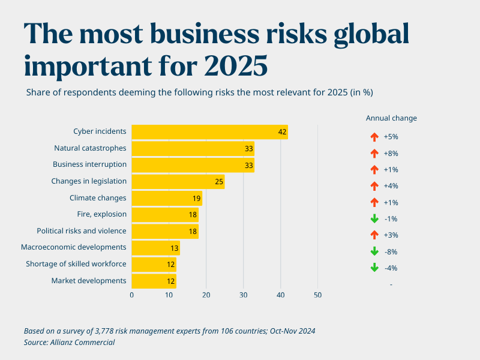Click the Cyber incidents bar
tap(209, 132)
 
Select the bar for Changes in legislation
tap(178, 181)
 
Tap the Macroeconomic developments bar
tap(155, 248)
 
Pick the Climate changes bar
tap(167, 198)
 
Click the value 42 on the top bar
tap(282, 132)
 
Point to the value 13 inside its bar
tap(174, 248)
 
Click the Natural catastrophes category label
tap(90, 148)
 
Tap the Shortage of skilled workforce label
tap(76, 264)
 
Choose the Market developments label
tap(89, 281)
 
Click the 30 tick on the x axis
tap(244, 295)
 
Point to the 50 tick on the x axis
tap(318, 295)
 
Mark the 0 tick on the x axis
tap(132, 295)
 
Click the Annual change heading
tap(391, 118)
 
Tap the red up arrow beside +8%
tap(374, 154)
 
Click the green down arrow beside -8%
tap(374, 251)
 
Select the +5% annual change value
tap(391, 137)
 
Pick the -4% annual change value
tap(391, 268)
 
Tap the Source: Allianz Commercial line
tap(69, 342)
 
